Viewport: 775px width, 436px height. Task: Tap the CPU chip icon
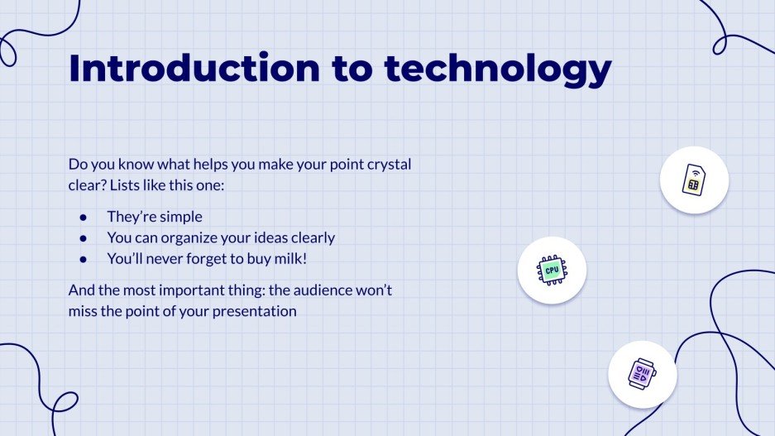(x=552, y=270)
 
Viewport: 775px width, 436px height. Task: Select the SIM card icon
(x=694, y=180)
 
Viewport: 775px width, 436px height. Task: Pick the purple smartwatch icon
(x=642, y=374)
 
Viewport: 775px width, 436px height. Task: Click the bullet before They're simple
(x=83, y=217)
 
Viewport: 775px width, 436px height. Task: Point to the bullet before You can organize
(x=83, y=238)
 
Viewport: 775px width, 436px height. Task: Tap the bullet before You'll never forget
(x=83, y=259)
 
